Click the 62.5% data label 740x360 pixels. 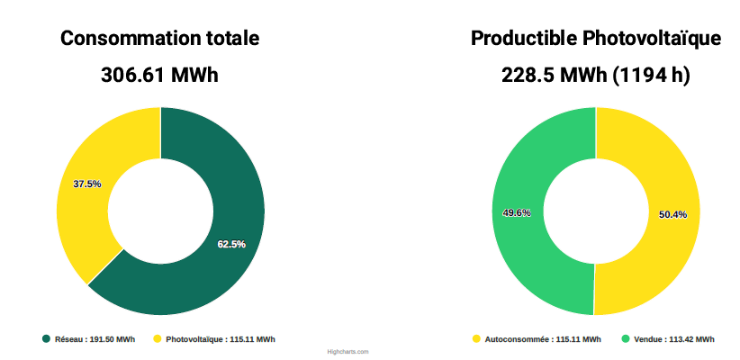pyautogui.click(x=231, y=244)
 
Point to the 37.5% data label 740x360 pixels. pyautogui.click(x=87, y=184)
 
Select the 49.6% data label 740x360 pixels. pyautogui.click(x=517, y=213)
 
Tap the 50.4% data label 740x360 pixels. pyautogui.click(x=672, y=214)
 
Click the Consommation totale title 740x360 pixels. pyautogui.click(x=160, y=39)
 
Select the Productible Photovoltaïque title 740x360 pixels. pyautogui.click(x=595, y=39)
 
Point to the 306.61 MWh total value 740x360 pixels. pyautogui.click(x=159, y=75)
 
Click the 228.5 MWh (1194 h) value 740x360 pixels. pyautogui.click(x=595, y=75)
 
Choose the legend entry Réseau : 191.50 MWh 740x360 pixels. pyautogui.click(x=95, y=339)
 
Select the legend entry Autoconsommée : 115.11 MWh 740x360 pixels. pyautogui.click(x=542, y=339)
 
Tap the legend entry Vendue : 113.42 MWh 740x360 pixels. pyautogui.click(x=673, y=339)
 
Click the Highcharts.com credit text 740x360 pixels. pyautogui.click(x=348, y=352)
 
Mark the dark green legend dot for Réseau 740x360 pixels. pyautogui.click(x=46, y=339)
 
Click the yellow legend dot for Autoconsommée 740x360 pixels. pyautogui.click(x=476, y=339)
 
